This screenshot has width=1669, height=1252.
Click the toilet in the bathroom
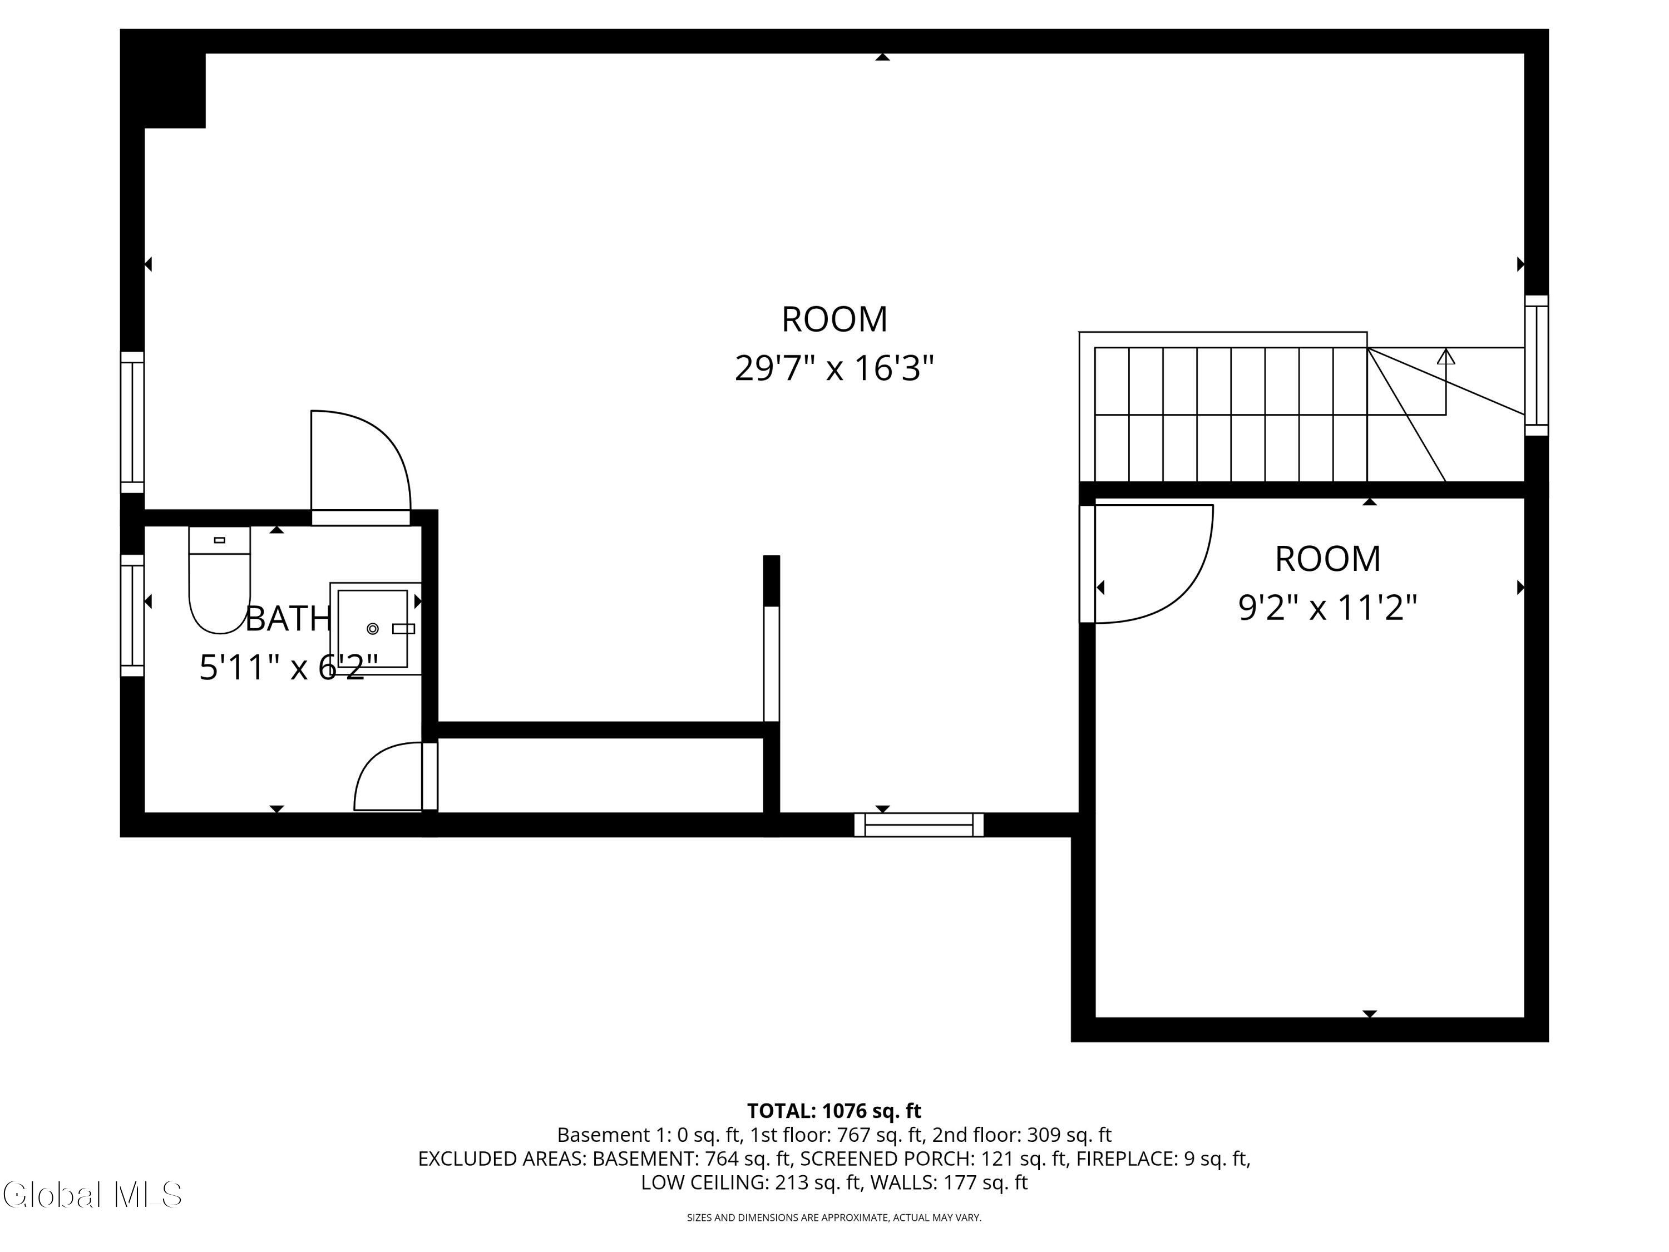219,580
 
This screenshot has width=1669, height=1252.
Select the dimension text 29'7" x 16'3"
834,369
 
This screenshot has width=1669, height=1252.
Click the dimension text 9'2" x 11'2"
1328,608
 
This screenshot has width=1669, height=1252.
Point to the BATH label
289,619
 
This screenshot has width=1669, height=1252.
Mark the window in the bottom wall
919,825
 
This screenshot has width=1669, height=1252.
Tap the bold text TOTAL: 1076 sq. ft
834,1111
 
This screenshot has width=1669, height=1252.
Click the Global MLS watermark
92,1195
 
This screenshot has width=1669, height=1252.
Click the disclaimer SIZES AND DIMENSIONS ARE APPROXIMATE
788,1218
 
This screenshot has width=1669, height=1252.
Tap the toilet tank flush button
220,540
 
